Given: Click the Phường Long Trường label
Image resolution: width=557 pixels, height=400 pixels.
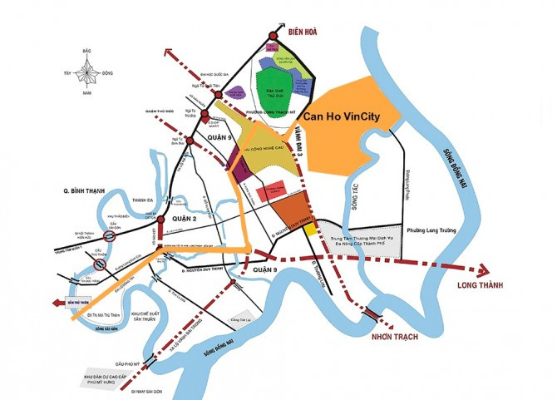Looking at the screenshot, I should point(431,231).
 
